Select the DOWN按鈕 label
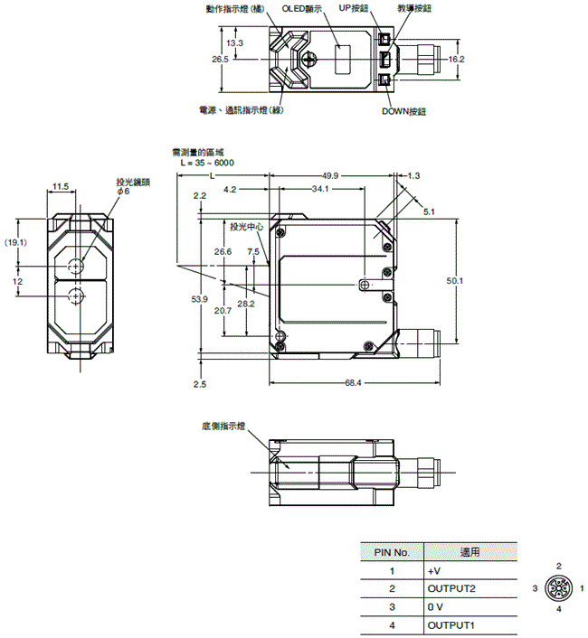pos(403,111)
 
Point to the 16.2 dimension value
pos(455,60)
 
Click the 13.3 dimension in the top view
pos(235,42)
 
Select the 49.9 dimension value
pos(329,175)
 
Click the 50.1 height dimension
pos(455,281)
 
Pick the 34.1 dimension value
pos(319,190)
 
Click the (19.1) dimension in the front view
pos(15,242)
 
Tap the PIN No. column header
pos(392,551)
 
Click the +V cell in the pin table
pos(433,570)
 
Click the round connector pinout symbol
pos(559,588)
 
